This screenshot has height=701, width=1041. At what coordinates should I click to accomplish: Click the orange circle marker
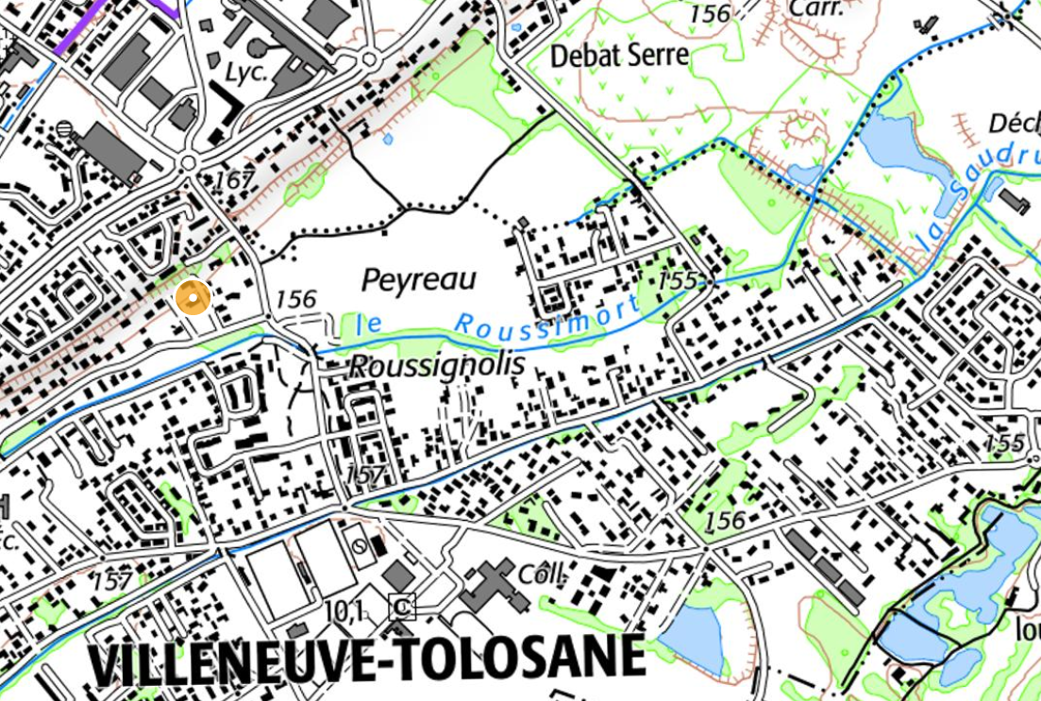tap(193, 298)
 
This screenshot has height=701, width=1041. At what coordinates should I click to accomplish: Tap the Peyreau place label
tap(419, 280)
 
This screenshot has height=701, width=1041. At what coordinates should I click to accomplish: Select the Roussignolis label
tap(436, 366)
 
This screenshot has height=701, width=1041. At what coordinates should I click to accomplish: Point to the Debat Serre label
tap(619, 56)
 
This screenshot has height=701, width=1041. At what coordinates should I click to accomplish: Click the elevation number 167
tap(234, 179)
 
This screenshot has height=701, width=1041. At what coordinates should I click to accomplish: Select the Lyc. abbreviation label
tap(244, 73)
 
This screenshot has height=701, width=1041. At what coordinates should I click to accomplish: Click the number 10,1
tap(344, 611)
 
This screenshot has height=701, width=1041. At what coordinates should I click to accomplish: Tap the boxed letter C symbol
tap(402, 608)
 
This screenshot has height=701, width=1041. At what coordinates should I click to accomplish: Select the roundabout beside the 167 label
tap(189, 164)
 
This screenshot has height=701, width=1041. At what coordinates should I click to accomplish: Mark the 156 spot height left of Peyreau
tap(294, 299)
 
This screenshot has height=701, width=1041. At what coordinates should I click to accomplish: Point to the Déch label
tap(1013, 124)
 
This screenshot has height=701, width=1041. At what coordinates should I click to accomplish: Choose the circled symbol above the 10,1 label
tap(358, 545)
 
